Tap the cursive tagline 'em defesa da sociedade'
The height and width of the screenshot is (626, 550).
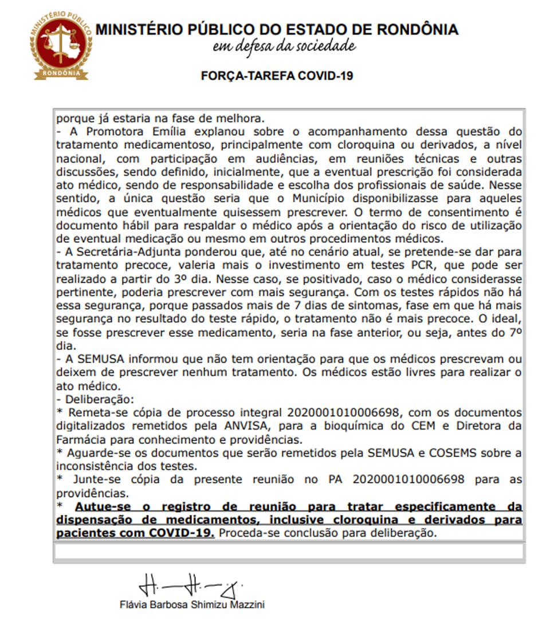(x=284, y=46)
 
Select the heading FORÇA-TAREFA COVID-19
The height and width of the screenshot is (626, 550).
(x=277, y=76)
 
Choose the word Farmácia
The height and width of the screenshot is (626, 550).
(x=78, y=440)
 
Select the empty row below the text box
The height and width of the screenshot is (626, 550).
(x=289, y=552)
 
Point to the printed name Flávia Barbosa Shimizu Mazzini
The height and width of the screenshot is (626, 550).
(x=192, y=605)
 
